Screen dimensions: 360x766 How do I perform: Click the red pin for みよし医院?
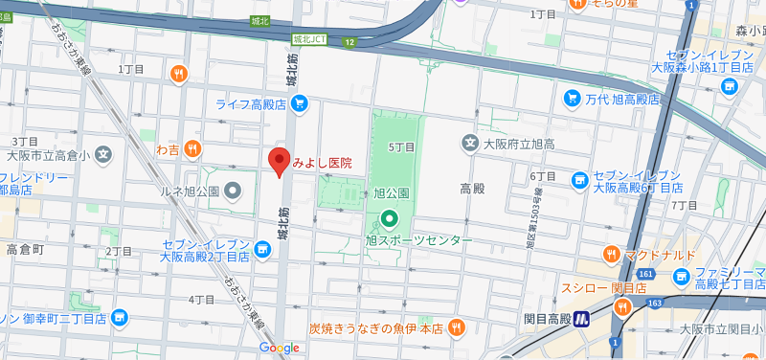tap(279, 162)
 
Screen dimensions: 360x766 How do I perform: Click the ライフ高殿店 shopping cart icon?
tap(300, 103)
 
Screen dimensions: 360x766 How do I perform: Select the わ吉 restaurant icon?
tap(192, 148)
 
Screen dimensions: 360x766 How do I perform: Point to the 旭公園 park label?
tap(391, 192)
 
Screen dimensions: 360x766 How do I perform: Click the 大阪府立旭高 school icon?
tap(469, 144)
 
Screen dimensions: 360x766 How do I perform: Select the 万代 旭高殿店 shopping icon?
tap(572, 98)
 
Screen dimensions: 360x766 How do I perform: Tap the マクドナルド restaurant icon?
tap(611, 255)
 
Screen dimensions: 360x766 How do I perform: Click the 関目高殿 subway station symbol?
tap(581, 320)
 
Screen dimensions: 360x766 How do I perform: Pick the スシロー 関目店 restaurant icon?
tap(622, 307)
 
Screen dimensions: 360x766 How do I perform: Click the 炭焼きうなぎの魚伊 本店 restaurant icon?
tap(457, 328)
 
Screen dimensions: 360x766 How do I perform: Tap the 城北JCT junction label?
tap(311, 39)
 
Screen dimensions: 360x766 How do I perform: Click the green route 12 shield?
tap(351, 42)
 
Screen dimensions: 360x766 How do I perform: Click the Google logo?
tap(279, 348)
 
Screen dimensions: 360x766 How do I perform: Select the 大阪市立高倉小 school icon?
tap(102, 154)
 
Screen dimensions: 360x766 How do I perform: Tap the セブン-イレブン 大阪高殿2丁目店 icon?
tap(262, 250)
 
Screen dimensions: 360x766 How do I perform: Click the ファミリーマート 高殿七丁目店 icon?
tap(682, 278)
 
